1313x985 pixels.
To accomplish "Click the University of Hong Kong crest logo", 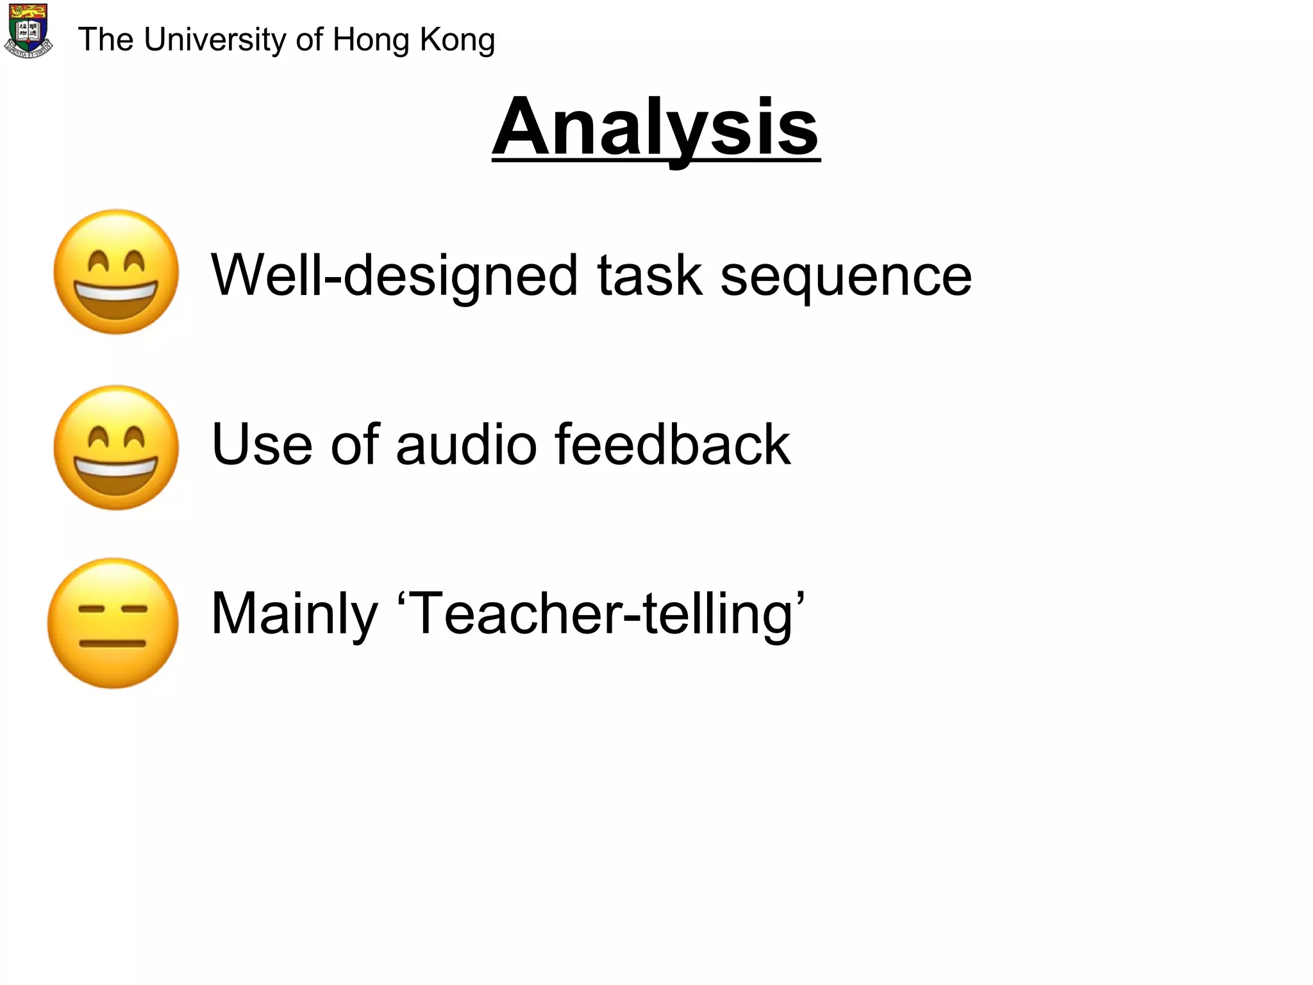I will coord(28,31).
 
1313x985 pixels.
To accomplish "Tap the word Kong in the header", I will coord(457,40).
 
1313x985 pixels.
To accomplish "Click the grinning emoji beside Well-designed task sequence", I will coord(116,272).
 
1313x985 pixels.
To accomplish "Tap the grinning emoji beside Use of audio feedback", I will coord(116,448).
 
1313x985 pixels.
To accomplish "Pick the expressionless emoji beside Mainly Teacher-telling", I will coord(113,623).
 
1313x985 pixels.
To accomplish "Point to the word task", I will coord(649,276).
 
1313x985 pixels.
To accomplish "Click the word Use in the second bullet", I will coord(262,444).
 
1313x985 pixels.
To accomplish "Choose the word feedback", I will coord(673,444).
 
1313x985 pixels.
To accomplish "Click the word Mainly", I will coord(294,614).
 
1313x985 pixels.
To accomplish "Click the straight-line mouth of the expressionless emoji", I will coord(113,643).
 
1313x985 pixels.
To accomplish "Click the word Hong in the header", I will coord(371,40).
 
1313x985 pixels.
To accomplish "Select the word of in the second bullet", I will coord(355,444).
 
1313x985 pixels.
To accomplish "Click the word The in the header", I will coord(105,40).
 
